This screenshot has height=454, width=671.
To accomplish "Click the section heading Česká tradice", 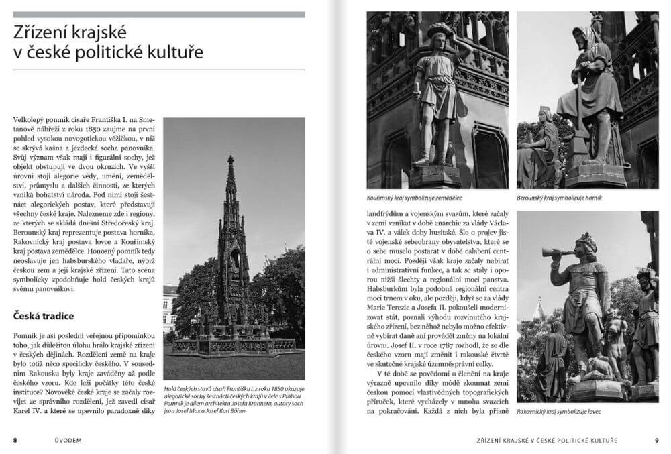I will [x=43, y=315].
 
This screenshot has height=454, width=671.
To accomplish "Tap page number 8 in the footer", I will [x=15, y=440].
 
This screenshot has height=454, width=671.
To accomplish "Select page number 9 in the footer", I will [x=656, y=440].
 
